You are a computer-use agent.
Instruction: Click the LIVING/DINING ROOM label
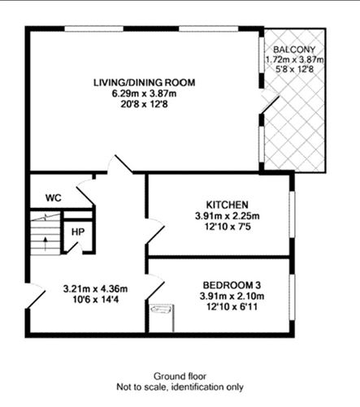[145, 82]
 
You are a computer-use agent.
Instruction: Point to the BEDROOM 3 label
[232, 284]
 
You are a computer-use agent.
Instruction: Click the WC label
[54, 197]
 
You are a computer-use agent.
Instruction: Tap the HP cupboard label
[78, 232]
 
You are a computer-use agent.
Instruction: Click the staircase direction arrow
[46, 241]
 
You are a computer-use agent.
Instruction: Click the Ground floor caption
[180, 376]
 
